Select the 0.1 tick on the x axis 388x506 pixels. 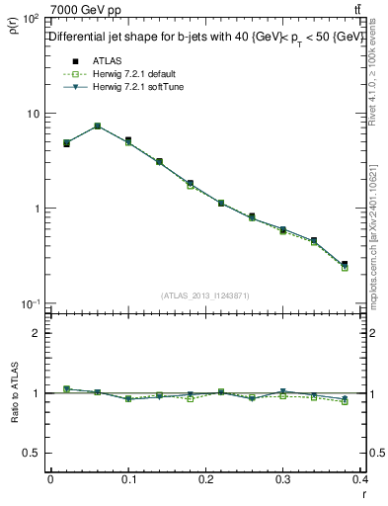(x=127, y=479)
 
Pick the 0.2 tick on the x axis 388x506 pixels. (x=205, y=479)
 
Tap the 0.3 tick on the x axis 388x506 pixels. (x=283, y=479)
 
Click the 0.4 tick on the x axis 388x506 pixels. (x=361, y=479)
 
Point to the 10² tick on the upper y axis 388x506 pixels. (x=28, y=19)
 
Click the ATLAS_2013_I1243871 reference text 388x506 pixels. (x=205, y=295)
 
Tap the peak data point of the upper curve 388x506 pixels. (x=97, y=126)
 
